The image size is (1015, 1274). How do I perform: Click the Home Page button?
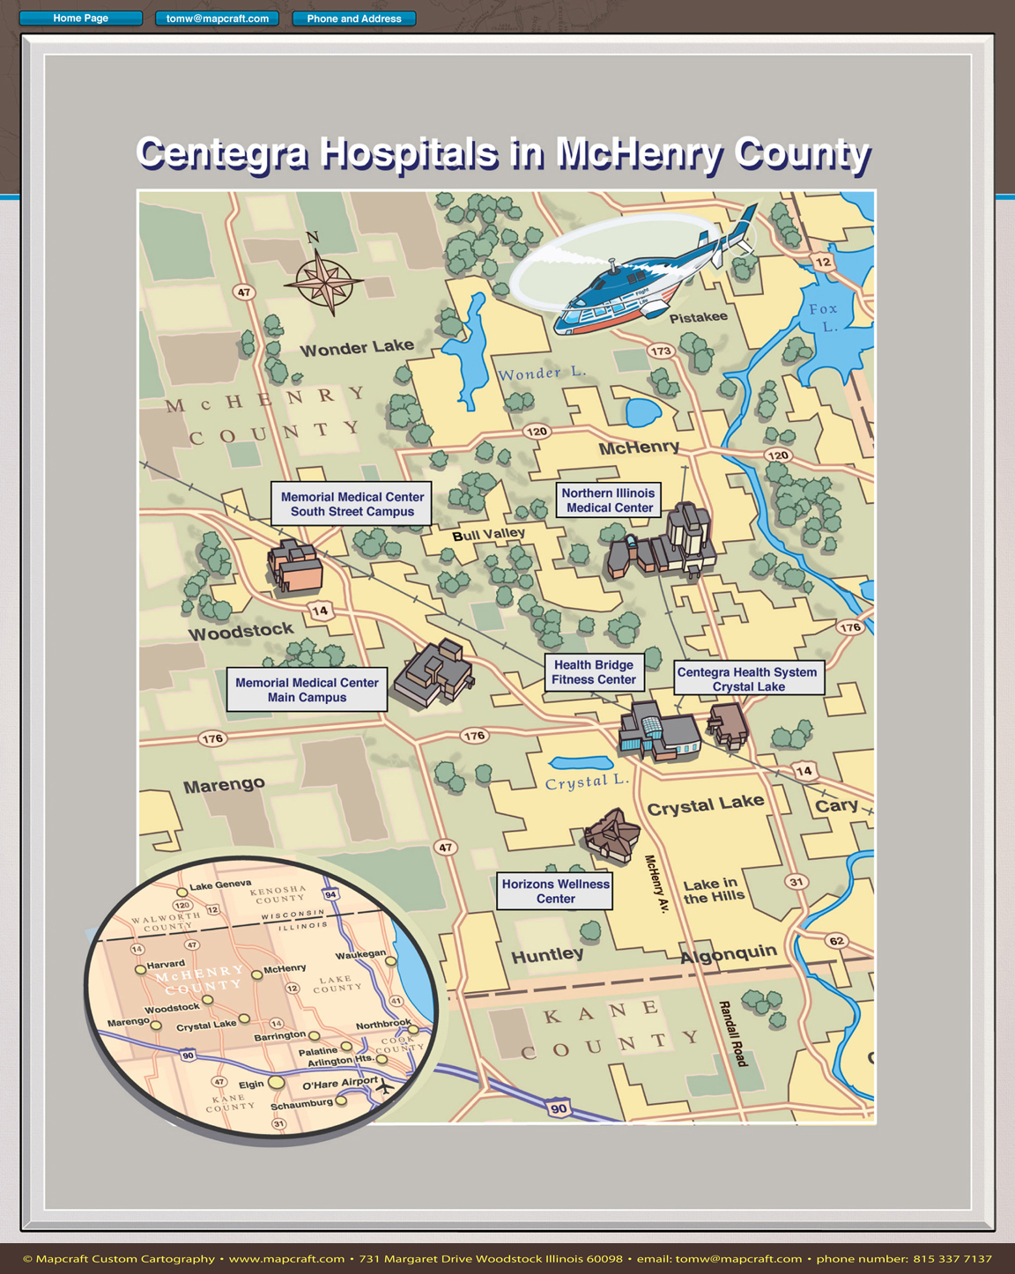80,19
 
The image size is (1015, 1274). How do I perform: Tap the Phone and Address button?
353,19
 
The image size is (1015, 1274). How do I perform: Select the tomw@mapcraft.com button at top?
217,19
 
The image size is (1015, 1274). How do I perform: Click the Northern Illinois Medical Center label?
609,500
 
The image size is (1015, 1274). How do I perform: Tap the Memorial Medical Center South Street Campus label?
352,504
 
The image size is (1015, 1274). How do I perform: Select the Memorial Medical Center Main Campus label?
307,690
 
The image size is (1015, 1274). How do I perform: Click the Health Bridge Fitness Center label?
594,672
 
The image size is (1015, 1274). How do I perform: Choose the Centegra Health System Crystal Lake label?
748,678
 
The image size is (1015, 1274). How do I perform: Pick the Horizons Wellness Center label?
555,892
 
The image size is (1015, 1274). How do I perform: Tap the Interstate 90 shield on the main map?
559,1108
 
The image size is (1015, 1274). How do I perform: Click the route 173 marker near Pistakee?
661,351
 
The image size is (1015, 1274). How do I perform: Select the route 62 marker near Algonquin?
836,941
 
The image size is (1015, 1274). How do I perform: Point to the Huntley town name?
547,955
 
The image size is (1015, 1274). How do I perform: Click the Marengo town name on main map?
224,785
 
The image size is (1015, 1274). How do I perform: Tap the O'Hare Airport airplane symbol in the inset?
384,1087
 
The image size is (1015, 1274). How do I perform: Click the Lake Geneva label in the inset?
220,885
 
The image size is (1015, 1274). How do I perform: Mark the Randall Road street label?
732,1033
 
